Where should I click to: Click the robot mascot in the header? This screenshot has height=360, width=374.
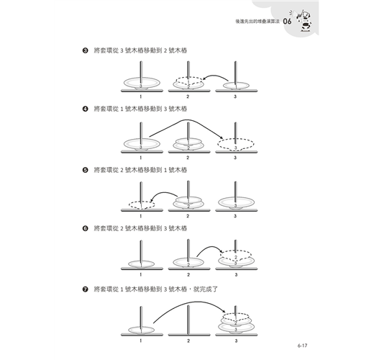pyautogui.click(x=304, y=20)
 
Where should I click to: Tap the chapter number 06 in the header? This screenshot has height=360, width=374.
pyautogui.click(x=287, y=22)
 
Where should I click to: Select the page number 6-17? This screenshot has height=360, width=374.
pyautogui.click(x=302, y=346)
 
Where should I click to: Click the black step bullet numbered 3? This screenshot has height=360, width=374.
pyautogui.click(x=85, y=50)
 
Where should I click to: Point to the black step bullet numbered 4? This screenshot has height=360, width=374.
pyautogui.click(x=85, y=109)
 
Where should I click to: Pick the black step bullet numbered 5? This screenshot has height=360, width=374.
pyautogui.click(x=85, y=170)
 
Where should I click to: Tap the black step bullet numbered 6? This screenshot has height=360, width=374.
pyautogui.click(x=85, y=228)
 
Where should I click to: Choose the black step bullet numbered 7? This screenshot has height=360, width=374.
pyautogui.click(x=85, y=289)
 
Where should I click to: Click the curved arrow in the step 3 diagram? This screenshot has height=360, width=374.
pyautogui.click(x=216, y=76)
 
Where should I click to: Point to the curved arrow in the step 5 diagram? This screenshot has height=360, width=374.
pyautogui.click(x=164, y=192)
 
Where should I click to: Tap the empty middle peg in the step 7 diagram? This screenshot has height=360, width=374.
pyautogui.click(x=188, y=320)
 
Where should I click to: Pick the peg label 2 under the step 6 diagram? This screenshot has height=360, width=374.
pyautogui.click(x=188, y=274)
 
